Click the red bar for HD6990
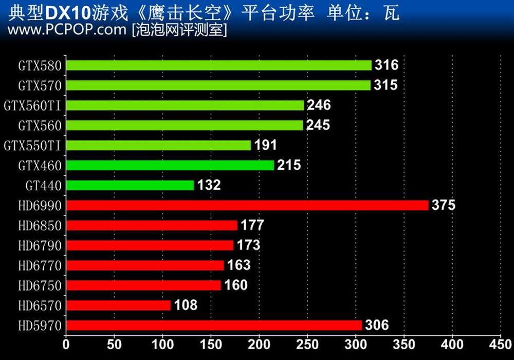click(247, 205)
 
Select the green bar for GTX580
click(218, 65)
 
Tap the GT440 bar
click(130, 185)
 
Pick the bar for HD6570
click(118, 305)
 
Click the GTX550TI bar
click(158, 145)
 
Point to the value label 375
click(444, 205)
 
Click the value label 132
click(209, 185)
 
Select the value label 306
click(377, 325)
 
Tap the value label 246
click(319, 105)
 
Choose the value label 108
click(186, 305)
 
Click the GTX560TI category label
click(33, 106)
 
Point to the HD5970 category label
click(40, 326)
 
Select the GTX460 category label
click(40, 166)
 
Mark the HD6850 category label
click(40, 226)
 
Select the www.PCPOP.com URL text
click(67, 30)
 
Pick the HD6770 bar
click(145, 265)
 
